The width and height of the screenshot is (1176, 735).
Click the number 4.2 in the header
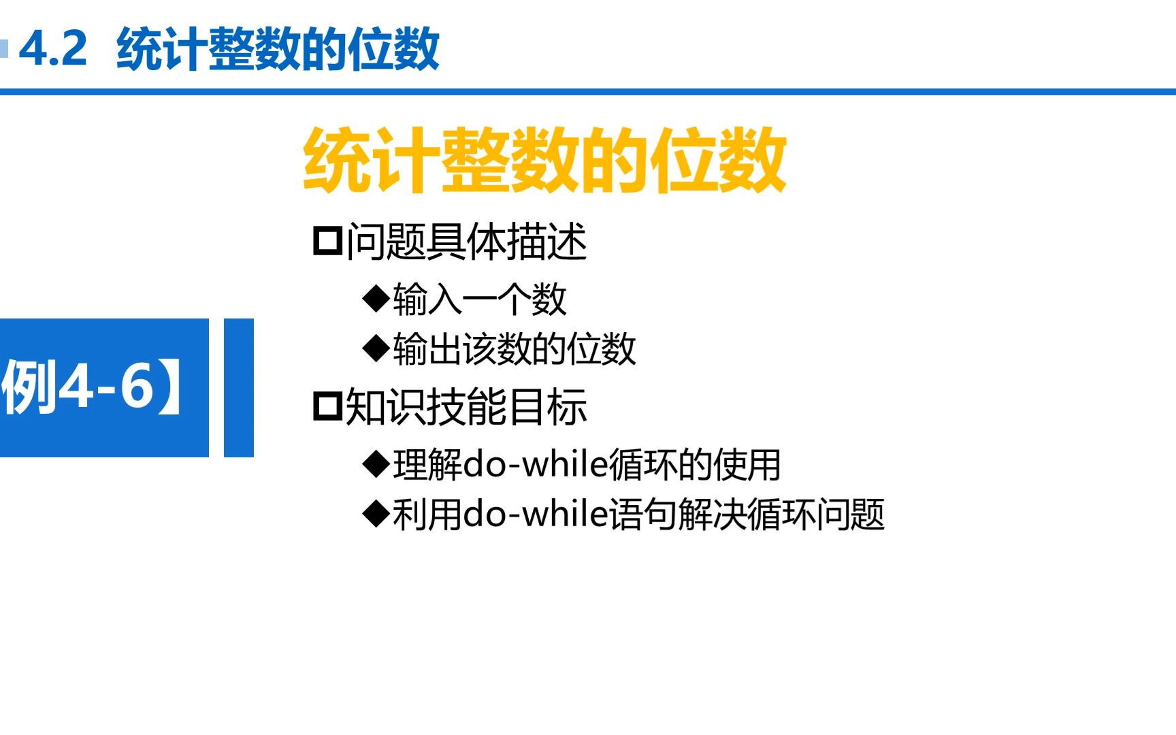coord(53,48)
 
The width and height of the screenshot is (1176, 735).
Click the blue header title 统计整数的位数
coord(278,49)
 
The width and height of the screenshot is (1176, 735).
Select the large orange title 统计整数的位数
coord(544,161)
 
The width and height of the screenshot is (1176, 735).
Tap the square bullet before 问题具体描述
coord(327,242)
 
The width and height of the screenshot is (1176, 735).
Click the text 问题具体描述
coord(466,242)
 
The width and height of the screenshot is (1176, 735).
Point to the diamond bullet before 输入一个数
coord(376,299)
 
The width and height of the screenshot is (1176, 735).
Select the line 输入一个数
coord(479,299)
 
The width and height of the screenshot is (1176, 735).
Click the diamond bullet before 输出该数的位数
coord(376,349)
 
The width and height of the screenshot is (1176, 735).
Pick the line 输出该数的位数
coord(514,350)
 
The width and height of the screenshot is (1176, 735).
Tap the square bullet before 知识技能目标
coord(327,407)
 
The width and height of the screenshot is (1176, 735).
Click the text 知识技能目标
coord(466,408)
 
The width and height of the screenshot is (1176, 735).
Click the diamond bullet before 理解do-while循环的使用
coord(376,464)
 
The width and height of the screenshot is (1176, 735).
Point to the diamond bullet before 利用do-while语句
coord(376,514)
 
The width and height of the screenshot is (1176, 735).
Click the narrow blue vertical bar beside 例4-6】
coord(238,387)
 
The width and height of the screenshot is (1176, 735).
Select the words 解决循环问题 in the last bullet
coord(781,514)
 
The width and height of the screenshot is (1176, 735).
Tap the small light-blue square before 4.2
coord(4,49)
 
